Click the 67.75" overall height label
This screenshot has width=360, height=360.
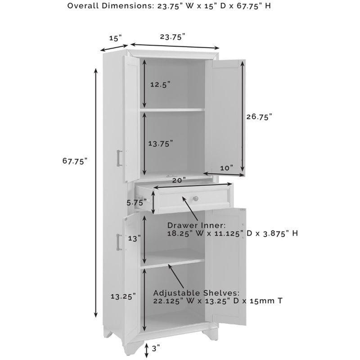75,161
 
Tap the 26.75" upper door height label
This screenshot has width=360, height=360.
259,117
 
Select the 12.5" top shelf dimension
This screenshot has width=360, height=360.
160,84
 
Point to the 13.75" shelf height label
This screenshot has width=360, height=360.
160,144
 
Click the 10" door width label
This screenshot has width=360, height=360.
227,168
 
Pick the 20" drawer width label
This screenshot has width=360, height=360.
179,180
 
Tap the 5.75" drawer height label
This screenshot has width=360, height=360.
136,203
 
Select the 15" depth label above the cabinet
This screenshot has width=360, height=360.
115,38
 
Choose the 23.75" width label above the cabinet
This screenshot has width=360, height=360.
172,37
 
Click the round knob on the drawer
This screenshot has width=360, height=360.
195,198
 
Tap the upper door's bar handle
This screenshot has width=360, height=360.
119,158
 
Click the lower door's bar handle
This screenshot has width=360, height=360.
119,242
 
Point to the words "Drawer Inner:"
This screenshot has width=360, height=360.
197,225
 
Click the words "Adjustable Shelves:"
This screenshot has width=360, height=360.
196,293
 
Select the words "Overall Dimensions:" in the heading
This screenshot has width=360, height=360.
110,5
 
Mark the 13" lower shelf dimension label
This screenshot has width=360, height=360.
134,238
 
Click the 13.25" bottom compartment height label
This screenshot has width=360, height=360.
123,296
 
